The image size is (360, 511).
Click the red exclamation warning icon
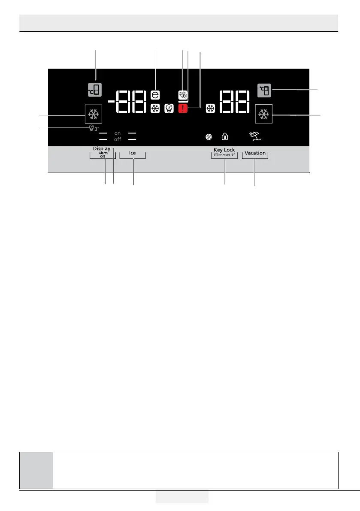click(x=183, y=109)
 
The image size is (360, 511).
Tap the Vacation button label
click(x=255, y=153)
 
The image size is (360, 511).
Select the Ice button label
click(x=133, y=153)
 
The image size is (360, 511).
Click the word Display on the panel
click(x=102, y=148)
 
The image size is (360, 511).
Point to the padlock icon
click(x=224, y=137)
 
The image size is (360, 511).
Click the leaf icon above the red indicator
click(x=183, y=96)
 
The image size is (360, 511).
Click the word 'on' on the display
click(x=117, y=133)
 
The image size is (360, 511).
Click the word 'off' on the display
click(x=117, y=139)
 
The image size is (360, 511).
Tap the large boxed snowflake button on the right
click(x=263, y=114)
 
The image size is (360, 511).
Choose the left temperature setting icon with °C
click(x=95, y=91)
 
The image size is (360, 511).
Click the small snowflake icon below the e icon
click(x=155, y=109)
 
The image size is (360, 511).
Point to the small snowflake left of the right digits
click(x=210, y=109)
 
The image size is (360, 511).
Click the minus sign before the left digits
click(x=111, y=102)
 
